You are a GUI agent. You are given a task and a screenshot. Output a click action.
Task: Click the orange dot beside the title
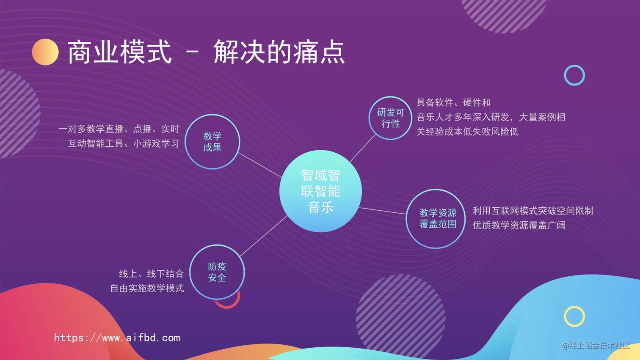click(x=45, y=52)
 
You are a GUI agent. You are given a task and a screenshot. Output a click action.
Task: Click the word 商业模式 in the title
click(x=120, y=52)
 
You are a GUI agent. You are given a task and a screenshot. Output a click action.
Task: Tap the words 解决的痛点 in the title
click(x=279, y=52)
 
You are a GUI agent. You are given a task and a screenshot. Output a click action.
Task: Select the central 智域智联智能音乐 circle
click(x=320, y=191)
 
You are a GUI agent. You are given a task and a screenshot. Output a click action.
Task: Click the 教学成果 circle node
click(x=212, y=142)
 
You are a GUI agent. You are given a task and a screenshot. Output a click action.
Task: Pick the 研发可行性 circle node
click(x=390, y=118)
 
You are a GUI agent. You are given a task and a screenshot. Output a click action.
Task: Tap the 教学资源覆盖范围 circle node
click(x=436, y=219)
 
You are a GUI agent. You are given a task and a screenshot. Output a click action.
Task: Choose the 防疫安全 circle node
click(x=217, y=272)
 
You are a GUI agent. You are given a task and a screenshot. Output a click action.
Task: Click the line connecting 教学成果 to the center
click(x=260, y=165)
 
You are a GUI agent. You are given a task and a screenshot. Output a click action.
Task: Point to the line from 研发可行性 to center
click(x=362, y=148)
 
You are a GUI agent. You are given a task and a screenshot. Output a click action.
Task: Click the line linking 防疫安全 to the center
click(x=263, y=236)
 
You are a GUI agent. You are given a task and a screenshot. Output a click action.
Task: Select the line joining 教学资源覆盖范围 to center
click(x=383, y=211)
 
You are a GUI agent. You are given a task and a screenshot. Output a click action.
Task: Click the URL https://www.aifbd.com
click(x=117, y=338)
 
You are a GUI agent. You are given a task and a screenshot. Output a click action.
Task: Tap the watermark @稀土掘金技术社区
click(x=596, y=346)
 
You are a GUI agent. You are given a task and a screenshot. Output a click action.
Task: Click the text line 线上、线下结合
click(x=152, y=274)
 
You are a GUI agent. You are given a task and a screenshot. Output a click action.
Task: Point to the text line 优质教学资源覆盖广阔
click(x=519, y=225)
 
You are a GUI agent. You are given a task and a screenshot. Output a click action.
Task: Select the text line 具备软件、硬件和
click(x=454, y=102)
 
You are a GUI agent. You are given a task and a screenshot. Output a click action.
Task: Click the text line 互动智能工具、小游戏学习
click(x=124, y=143)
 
